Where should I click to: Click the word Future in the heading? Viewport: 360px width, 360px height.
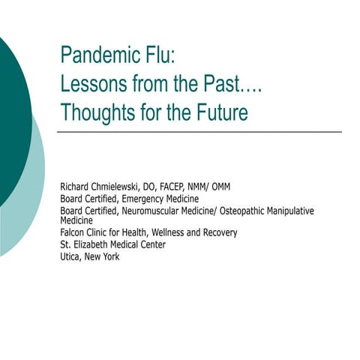pos(220,112)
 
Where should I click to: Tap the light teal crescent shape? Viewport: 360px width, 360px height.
pos(34,187)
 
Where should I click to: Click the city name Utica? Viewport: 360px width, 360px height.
pos(71,256)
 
